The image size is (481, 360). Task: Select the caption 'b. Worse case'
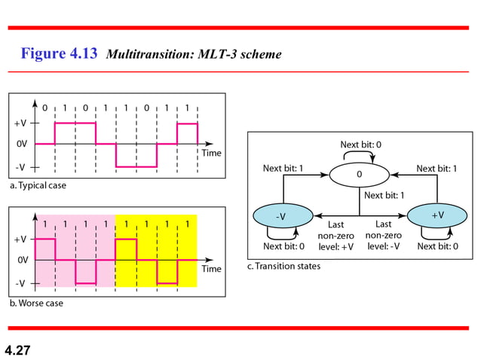[x=35, y=303]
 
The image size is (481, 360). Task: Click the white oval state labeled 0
[x=359, y=175]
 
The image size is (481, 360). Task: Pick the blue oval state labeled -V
[x=280, y=216]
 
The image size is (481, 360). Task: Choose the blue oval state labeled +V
[x=437, y=215]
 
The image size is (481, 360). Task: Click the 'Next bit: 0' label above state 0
[x=360, y=144]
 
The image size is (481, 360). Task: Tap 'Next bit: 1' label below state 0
[x=384, y=195]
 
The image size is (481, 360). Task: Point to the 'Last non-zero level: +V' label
[x=337, y=235]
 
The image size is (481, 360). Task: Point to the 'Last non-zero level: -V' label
[x=383, y=235]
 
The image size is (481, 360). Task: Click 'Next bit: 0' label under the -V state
[x=283, y=246]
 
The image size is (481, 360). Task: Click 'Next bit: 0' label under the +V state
[x=438, y=246]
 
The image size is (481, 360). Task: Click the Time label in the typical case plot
[x=210, y=153]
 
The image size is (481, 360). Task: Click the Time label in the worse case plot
[x=210, y=269]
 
